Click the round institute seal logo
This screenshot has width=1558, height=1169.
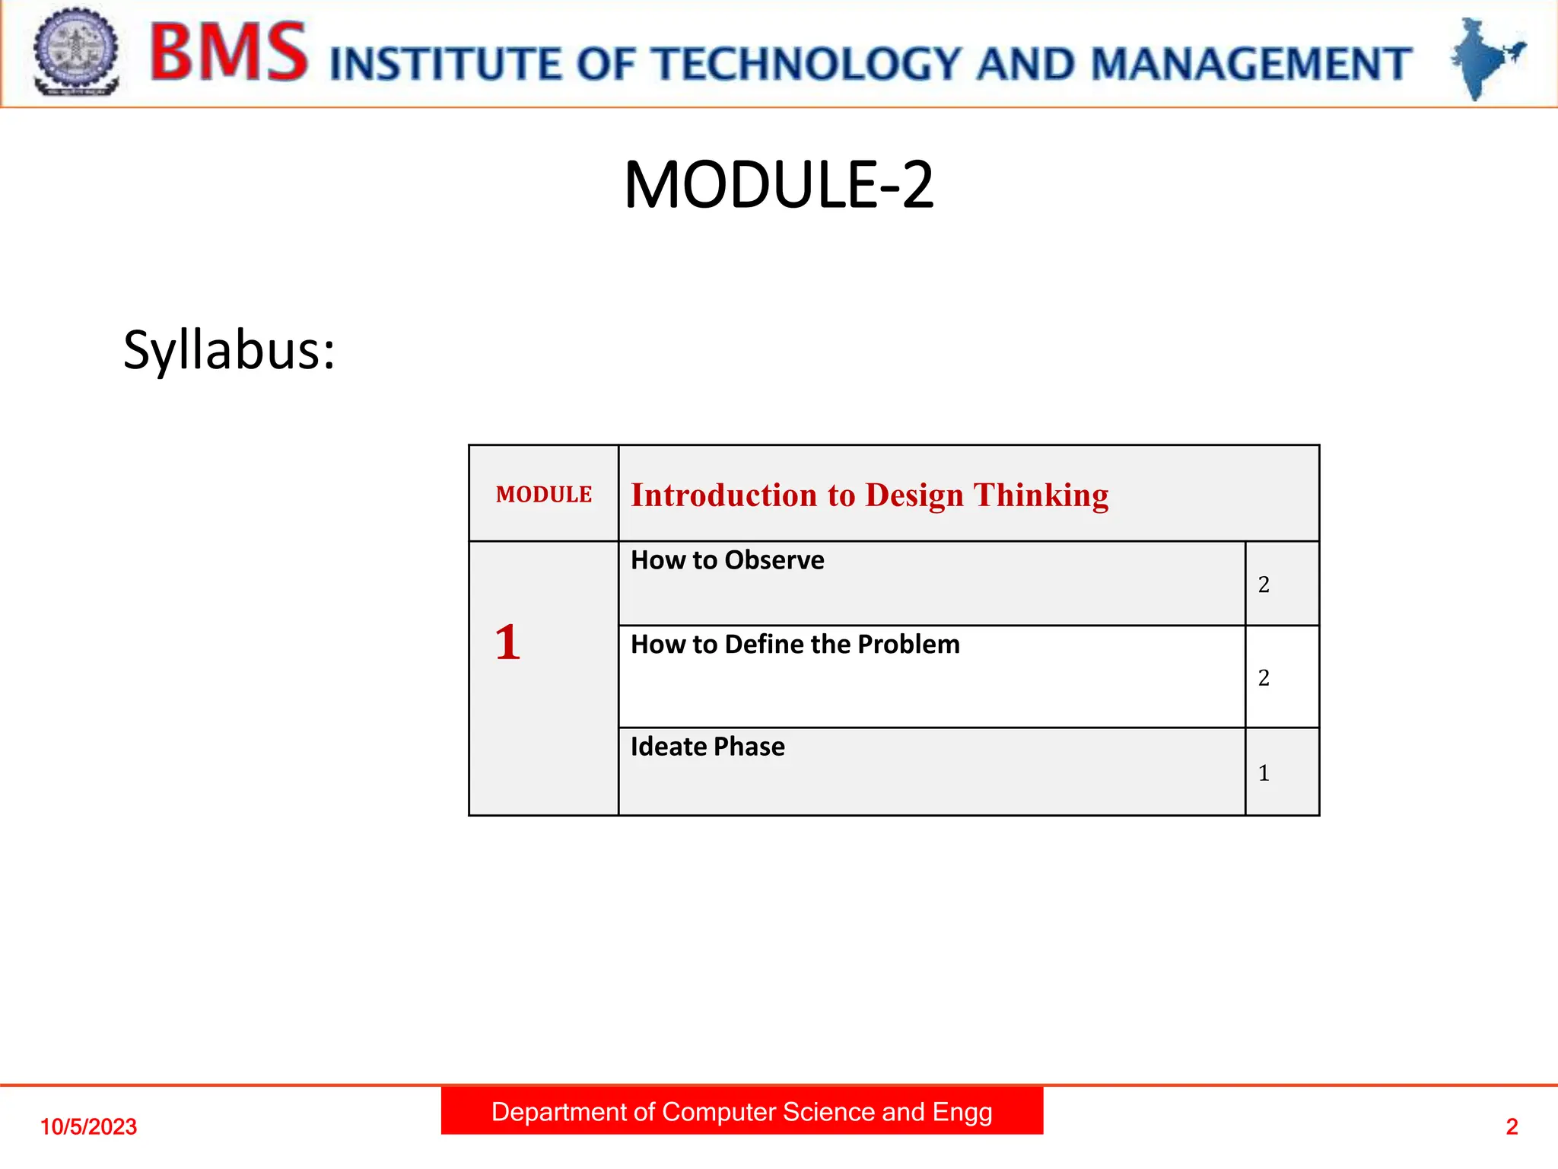(x=76, y=52)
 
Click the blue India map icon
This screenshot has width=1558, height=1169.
(x=1486, y=58)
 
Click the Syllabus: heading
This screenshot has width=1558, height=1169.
(x=229, y=351)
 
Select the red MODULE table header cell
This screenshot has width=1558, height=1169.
(x=543, y=495)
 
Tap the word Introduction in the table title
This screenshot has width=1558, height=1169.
(x=723, y=495)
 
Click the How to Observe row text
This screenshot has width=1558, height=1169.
(x=727, y=560)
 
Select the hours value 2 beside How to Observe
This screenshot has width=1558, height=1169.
(x=1264, y=584)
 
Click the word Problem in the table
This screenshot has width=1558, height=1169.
(x=908, y=645)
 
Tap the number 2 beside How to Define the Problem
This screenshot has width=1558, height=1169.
(x=1264, y=677)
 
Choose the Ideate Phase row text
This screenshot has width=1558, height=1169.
(x=707, y=747)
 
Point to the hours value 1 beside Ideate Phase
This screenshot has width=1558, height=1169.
(x=1264, y=773)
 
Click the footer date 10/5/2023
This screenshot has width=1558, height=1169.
(x=88, y=1126)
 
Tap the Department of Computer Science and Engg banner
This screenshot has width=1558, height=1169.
(x=742, y=1112)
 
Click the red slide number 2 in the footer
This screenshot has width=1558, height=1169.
(x=1512, y=1126)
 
